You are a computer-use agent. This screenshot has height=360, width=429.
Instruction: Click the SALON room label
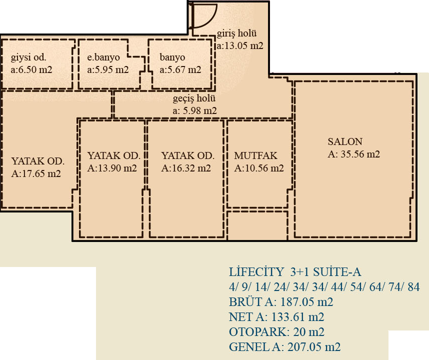[345, 141]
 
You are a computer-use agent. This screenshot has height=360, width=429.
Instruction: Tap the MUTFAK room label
[255, 155]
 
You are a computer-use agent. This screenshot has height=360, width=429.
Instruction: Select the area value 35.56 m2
[360, 154]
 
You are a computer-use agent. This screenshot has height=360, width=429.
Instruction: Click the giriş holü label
[236, 33]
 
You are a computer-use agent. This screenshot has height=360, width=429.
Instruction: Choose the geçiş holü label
[194, 98]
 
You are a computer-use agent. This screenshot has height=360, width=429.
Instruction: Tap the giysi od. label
[28, 57]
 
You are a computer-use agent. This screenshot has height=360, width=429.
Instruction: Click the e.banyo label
[103, 57]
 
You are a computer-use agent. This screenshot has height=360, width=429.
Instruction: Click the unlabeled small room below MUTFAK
[257, 225]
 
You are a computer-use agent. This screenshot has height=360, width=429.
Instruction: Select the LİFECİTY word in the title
[256, 272]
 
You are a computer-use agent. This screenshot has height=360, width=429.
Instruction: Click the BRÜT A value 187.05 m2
[306, 302]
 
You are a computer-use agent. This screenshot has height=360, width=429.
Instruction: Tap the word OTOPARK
[259, 332]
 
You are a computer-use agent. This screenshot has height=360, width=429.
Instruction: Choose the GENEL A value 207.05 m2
[314, 347]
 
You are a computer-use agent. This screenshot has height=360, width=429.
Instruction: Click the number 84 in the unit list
[413, 287]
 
